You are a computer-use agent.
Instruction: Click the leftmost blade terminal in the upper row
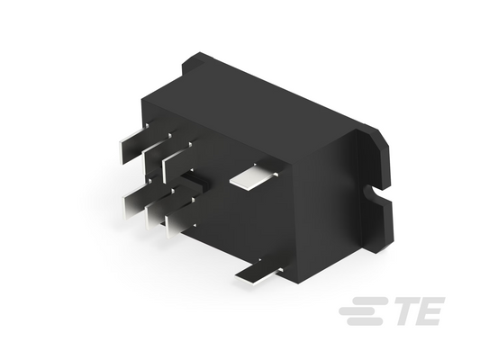click(135, 144)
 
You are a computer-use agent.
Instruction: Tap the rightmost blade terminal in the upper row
click(177, 160)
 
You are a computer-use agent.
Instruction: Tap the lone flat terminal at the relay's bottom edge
click(258, 273)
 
